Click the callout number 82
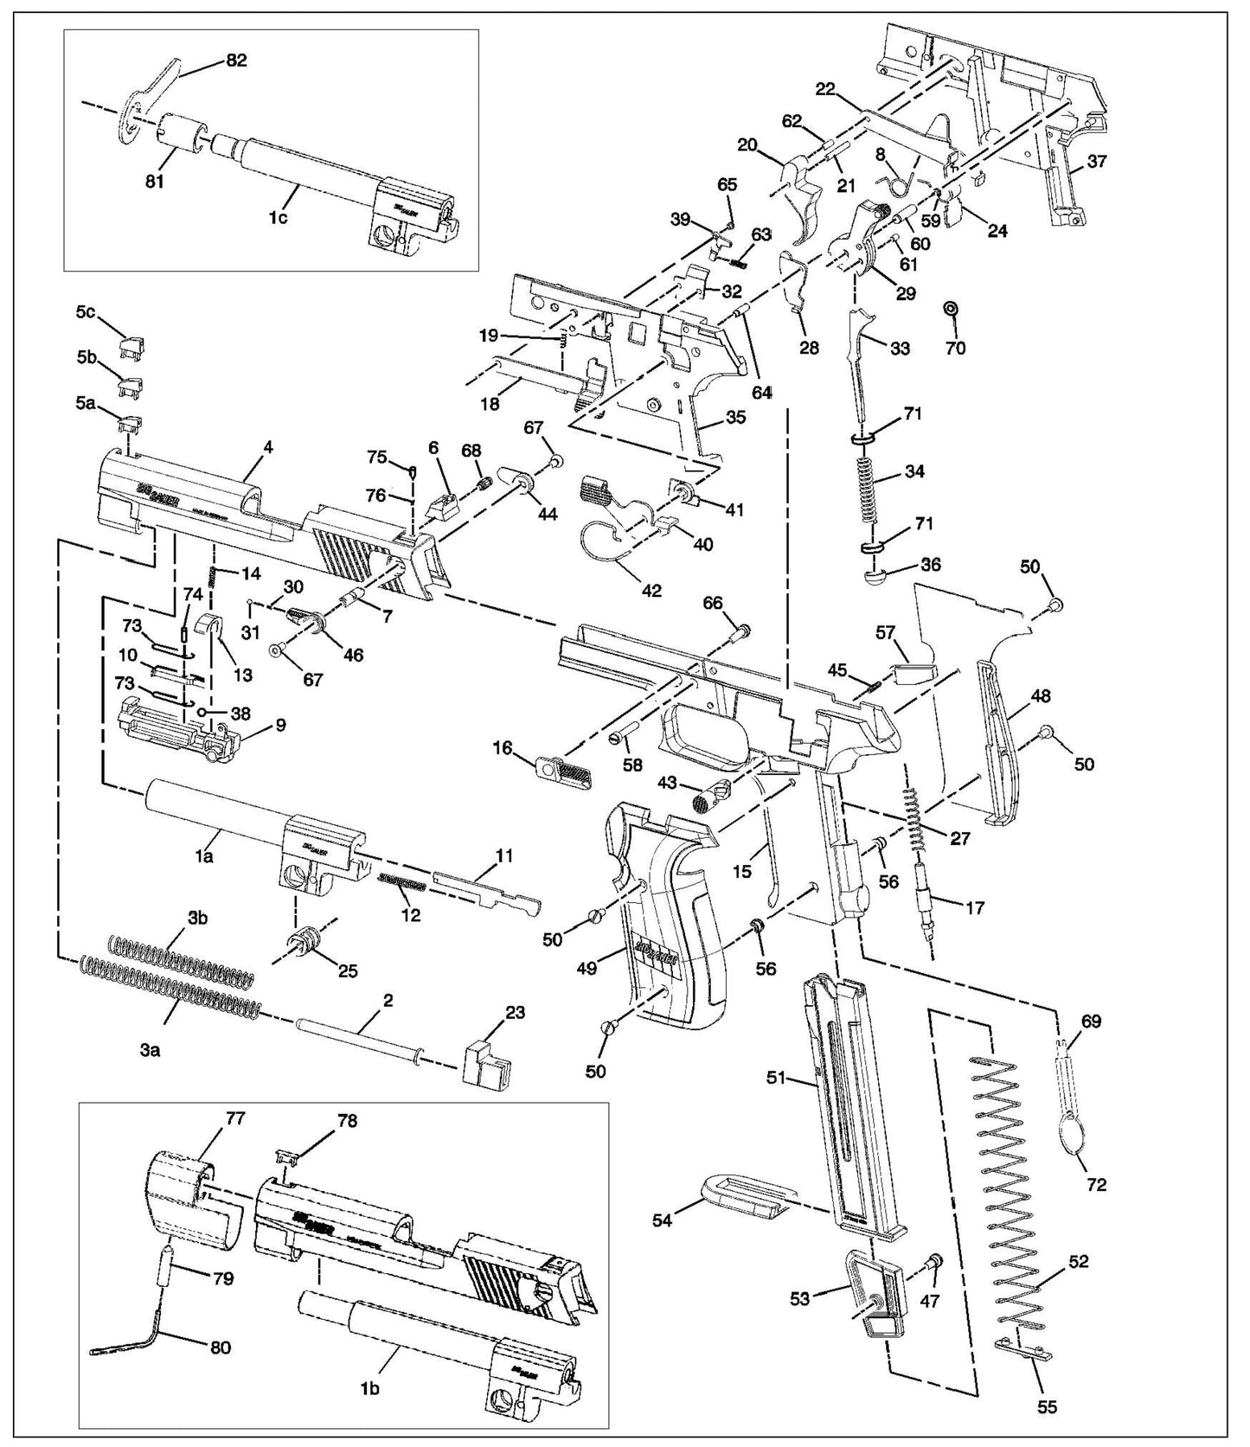tap(236, 60)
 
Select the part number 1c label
tap(277, 217)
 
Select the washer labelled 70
tap(950, 309)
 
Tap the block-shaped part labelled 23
tap(485, 1063)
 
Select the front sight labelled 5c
tap(134, 346)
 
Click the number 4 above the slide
tap(269, 447)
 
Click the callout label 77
tap(211, 1118)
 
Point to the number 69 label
tap(1091, 1021)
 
